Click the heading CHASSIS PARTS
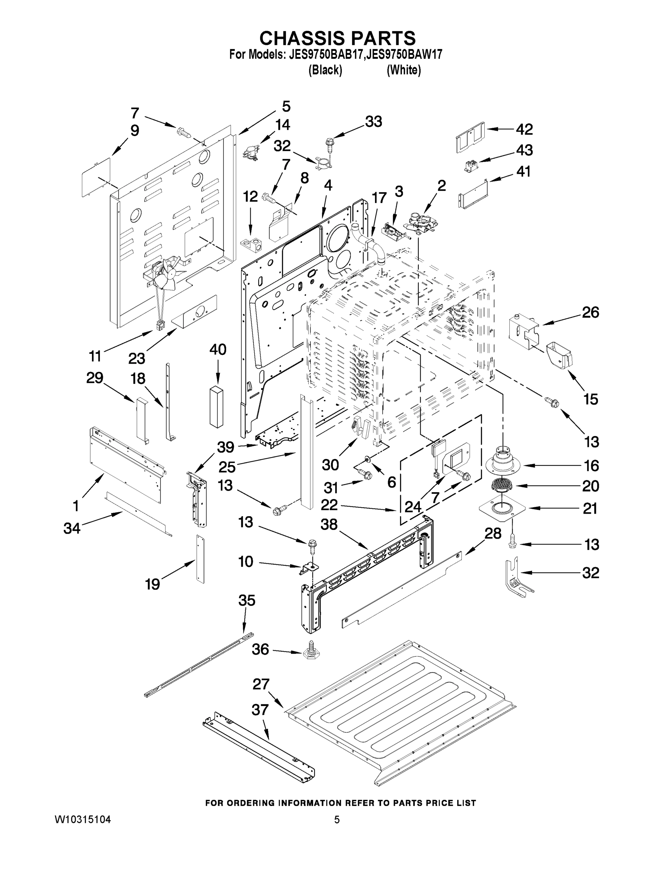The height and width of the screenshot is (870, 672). [338, 38]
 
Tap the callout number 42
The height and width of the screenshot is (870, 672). [524, 129]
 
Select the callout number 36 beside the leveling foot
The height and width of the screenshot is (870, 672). [260, 649]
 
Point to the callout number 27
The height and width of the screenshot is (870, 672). [261, 684]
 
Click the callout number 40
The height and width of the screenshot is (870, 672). [218, 350]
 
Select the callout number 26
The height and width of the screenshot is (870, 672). [590, 312]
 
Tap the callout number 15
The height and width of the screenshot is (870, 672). [590, 399]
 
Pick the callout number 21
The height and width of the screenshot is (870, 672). [590, 508]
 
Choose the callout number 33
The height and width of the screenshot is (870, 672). [373, 122]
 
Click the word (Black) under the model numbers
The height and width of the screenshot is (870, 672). [325, 70]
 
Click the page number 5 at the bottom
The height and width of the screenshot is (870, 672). [337, 828]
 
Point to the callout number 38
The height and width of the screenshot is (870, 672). [329, 525]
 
